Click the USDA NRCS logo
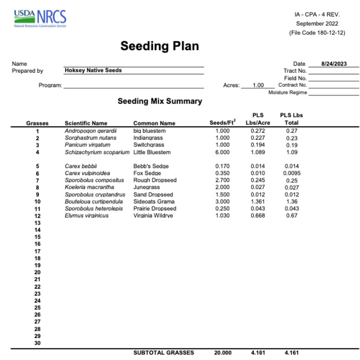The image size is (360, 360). pyautogui.click(x=40, y=19)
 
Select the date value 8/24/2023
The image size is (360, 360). pyautogui.click(x=334, y=64)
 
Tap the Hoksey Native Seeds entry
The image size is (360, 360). pyautogui.click(x=93, y=70)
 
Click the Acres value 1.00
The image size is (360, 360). pyautogui.click(x=258, y=85)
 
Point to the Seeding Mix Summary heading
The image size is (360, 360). pyautogui.click(x=160, y=101)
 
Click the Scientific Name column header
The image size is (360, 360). pyautogui.click(x=86, y=123)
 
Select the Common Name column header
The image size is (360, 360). pyautogui.click(x=154, y=123)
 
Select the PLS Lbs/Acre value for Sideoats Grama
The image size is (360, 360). pyautogui.click(x=258, y=201)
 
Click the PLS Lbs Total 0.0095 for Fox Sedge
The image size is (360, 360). pyautogui.click(x=292, y=173)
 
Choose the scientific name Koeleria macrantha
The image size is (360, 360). pyautogui.click(x=89, y=187)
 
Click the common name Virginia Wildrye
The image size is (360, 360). pyautogui.click(x=153, y=216)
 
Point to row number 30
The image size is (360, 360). pyautogui.click(x=37, y=343)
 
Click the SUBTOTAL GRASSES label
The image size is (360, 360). pyautogui.click(x=164, y=353)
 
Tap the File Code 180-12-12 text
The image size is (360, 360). pyautogui.click(x=317, y=33)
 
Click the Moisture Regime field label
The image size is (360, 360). pyautogui.click(x=287, y=93)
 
